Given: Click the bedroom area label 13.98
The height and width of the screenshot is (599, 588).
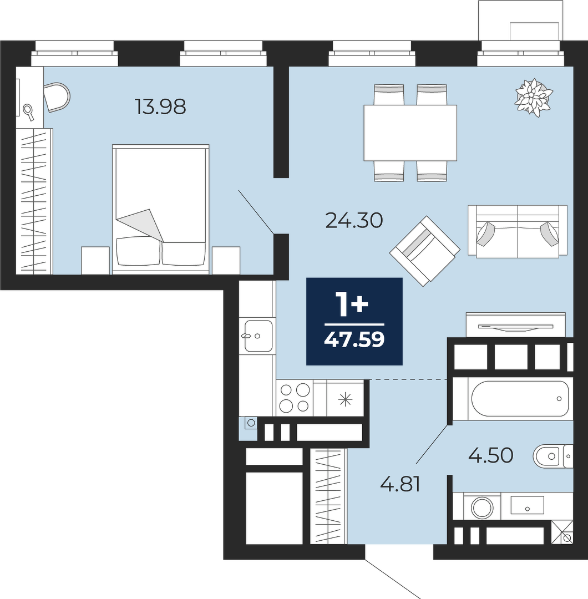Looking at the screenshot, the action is pos(160,106).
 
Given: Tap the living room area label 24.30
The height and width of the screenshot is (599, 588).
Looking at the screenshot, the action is pos(354,220).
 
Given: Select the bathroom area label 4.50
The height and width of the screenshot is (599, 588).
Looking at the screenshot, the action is pos(490,455).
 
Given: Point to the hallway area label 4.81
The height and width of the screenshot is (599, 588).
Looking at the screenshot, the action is pos(401,484).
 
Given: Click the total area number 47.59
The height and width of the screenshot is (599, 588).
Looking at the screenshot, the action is pos(354,339).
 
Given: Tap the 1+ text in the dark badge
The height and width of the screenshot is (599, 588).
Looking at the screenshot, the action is pos(354,304).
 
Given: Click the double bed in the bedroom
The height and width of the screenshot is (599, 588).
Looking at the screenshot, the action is pos(161,209).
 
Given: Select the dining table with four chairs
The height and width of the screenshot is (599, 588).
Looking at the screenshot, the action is pos(410,133).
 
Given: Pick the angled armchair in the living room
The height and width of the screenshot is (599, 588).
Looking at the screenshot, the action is pos(425,251).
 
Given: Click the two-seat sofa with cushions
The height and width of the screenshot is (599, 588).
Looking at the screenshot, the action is pos(518,231).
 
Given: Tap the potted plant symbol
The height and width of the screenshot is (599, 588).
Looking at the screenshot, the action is pos(534,97).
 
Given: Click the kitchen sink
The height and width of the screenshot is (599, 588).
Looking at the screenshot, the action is pos(258,336).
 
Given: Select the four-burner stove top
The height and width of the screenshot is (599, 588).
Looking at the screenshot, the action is pos(295,398).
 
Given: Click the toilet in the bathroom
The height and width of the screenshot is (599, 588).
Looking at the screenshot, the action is pos(553,456).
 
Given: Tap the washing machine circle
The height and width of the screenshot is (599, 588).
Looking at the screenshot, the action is pos(482,508).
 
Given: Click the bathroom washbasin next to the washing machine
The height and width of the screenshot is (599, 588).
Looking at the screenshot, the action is pos(527,505).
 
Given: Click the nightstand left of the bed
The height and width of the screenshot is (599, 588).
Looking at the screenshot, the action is pos(95,260).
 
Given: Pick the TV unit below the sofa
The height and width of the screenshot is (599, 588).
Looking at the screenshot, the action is pos(516,325).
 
